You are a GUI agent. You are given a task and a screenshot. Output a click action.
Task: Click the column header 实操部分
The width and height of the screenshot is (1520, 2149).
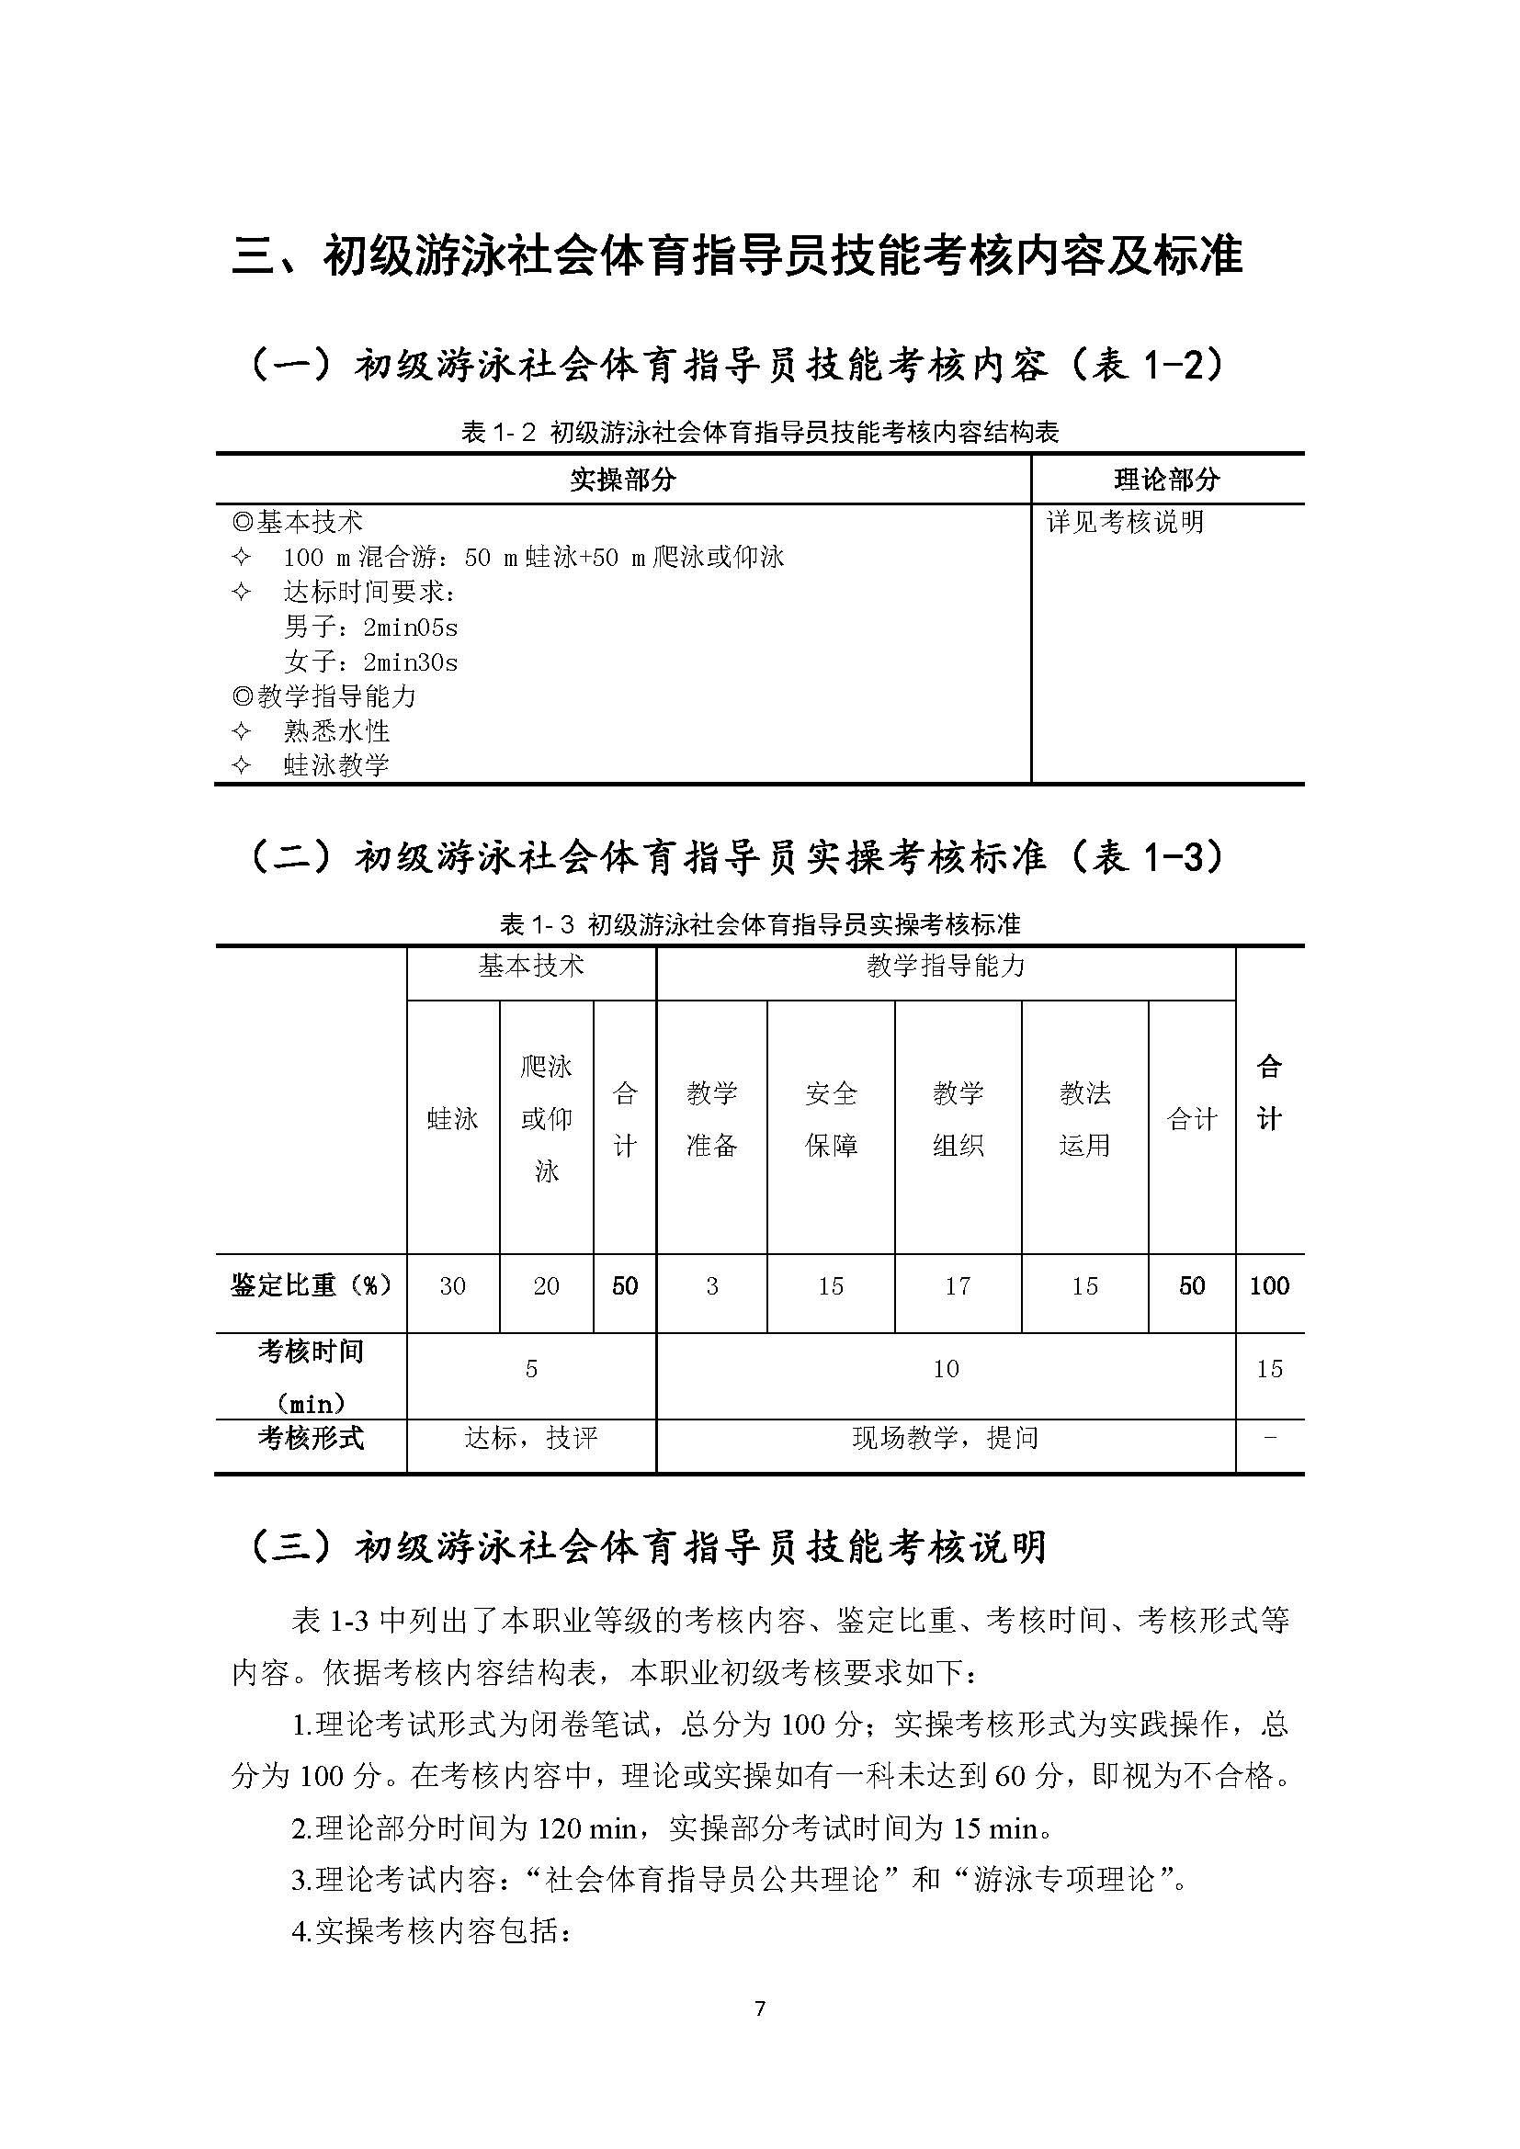pos(622,480)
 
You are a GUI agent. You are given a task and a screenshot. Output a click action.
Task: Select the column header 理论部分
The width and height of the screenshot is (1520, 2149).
pos(1167,480)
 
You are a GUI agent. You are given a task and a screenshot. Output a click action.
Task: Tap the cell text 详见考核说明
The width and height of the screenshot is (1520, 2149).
pos(1125,522)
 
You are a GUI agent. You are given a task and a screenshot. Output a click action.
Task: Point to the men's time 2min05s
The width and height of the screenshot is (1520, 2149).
pos(410,628)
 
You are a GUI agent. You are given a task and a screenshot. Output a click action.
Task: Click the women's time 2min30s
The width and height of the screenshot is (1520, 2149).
pos(410,662)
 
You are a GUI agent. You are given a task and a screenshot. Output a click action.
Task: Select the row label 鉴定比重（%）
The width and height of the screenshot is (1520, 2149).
pos(311,1285)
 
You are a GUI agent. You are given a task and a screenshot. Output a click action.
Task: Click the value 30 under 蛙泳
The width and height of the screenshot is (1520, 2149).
pos(453,1286)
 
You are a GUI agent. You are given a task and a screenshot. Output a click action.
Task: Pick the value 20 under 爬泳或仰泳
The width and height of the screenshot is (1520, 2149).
pos(547,1286)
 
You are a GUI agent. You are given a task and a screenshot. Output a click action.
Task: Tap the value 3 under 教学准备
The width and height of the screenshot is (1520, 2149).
pos(712,1286)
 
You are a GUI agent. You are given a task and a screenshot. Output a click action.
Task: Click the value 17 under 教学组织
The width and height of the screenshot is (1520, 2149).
pos(958,1286)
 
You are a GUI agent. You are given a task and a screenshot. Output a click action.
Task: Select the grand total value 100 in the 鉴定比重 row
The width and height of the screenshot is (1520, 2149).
pos(1269,1286)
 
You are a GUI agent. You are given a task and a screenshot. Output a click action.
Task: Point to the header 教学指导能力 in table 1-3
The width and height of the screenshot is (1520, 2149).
pos(946,966)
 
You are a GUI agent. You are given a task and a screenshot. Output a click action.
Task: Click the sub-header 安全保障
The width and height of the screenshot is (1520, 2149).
pos(831,1118)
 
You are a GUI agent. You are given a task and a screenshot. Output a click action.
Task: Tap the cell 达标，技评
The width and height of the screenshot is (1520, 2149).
pos(530,1438)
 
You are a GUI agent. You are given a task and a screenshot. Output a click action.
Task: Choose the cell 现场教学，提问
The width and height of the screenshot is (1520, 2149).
pos(946,1438)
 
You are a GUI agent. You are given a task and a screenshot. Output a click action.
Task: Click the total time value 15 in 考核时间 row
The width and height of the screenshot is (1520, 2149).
pos(1269,1369)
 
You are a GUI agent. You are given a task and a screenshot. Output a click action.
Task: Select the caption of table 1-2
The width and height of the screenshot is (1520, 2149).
pos(759,432)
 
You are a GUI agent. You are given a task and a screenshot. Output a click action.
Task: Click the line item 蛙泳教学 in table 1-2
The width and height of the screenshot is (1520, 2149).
pos(336,765)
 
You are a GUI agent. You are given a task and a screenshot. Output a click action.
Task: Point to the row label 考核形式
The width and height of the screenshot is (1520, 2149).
pos(311,1438)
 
